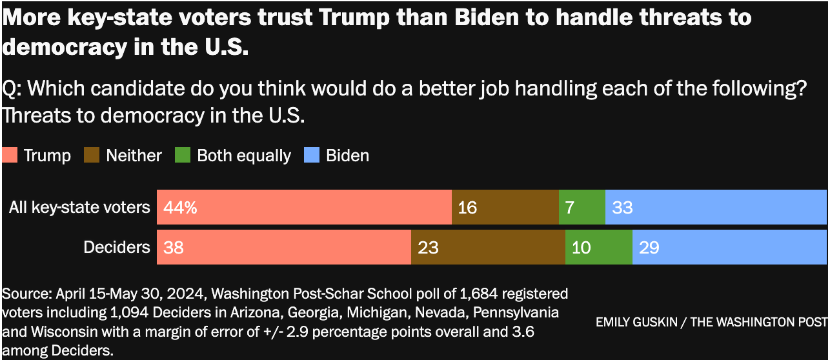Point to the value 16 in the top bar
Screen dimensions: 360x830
click(467, 208)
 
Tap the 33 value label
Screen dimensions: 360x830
click(622, 208)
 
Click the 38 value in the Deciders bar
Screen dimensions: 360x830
click(174, 248)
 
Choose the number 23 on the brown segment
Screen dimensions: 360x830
click(428, 248)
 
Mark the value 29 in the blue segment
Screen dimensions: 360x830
click(649, 248)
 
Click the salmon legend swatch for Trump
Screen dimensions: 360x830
click(10, 155)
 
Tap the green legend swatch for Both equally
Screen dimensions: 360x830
click(183, 155)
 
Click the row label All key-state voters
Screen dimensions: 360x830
click(79, 208)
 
